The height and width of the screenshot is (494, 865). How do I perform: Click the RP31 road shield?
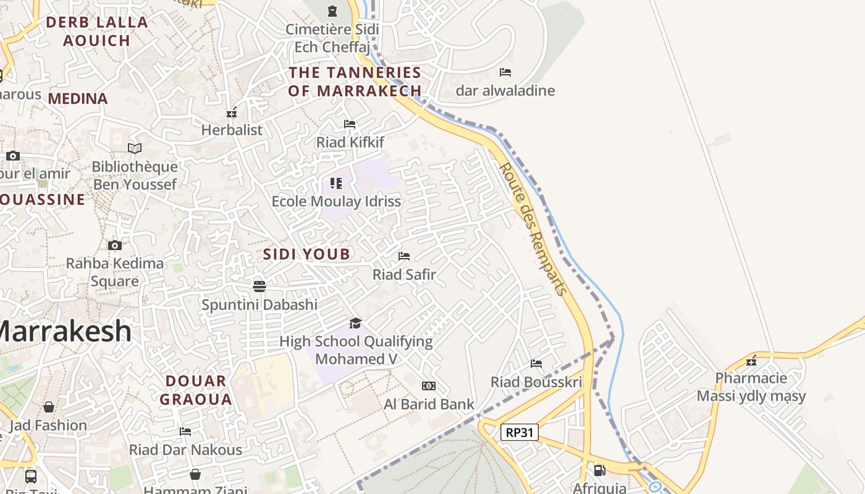pyautogui.click(x=519, y=432)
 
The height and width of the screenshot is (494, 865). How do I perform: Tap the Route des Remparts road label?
pyautogui.click(x=533, y=228)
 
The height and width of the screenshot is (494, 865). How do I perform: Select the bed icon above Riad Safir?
pyautogui.click(x=404, y=256)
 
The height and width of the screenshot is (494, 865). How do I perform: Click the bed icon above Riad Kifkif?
pyautogui.click(x=350, y=124)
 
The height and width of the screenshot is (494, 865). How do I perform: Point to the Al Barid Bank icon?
pyautogui.click(x=429, y=386)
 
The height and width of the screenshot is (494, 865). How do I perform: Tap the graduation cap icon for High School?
pyautogui.click(x=355, y=323)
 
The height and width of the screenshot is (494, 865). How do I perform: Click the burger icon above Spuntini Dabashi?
pyautogui.click(x=259, y=286)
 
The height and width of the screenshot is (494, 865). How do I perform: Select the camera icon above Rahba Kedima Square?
pyautogui.click(x=115, y=245)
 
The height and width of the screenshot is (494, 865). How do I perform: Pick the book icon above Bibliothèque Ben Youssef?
pyautogui.click(x=135, y=148)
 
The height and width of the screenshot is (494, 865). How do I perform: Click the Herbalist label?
pyautogui.click(x=232, y=130)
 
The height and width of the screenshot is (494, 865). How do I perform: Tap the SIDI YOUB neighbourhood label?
pyautogui.click(x=306, y=254)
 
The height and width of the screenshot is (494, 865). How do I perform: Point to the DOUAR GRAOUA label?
pyautogui.click(x=196, y=390)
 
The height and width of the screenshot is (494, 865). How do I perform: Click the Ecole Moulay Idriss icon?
pyautogui.click(x=336, y=183)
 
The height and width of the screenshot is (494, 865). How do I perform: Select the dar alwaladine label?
pyautogui.click(x=505, y=91)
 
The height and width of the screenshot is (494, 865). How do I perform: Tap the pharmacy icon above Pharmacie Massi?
pyautogui.click(x=751, y=361)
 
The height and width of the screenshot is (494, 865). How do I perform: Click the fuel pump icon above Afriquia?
pyautogui.click(x=599, y=470)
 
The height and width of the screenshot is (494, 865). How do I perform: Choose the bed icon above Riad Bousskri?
pyautogui.click(x=536, y=364)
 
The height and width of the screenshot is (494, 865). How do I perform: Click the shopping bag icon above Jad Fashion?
pyautogui.click(x=48, y=407)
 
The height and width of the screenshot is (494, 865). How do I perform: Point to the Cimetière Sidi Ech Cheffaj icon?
pyautogui.click(x=332, y=10)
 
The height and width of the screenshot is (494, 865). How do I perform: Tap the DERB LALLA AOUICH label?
pyautogui.click(x=97, y=31)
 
